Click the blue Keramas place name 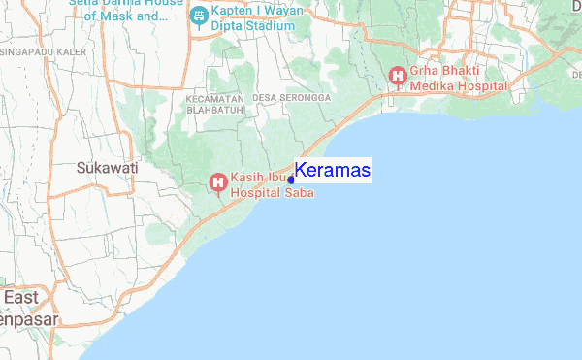point(332,170)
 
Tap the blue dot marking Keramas point(291,180)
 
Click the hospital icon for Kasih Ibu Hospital point(218,181)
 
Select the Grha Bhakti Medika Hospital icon point(397,75)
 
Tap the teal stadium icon point(199,15)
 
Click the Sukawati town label point(107,168)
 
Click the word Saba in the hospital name point(300,192)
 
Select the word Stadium point(268,26)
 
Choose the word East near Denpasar point(21,297)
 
